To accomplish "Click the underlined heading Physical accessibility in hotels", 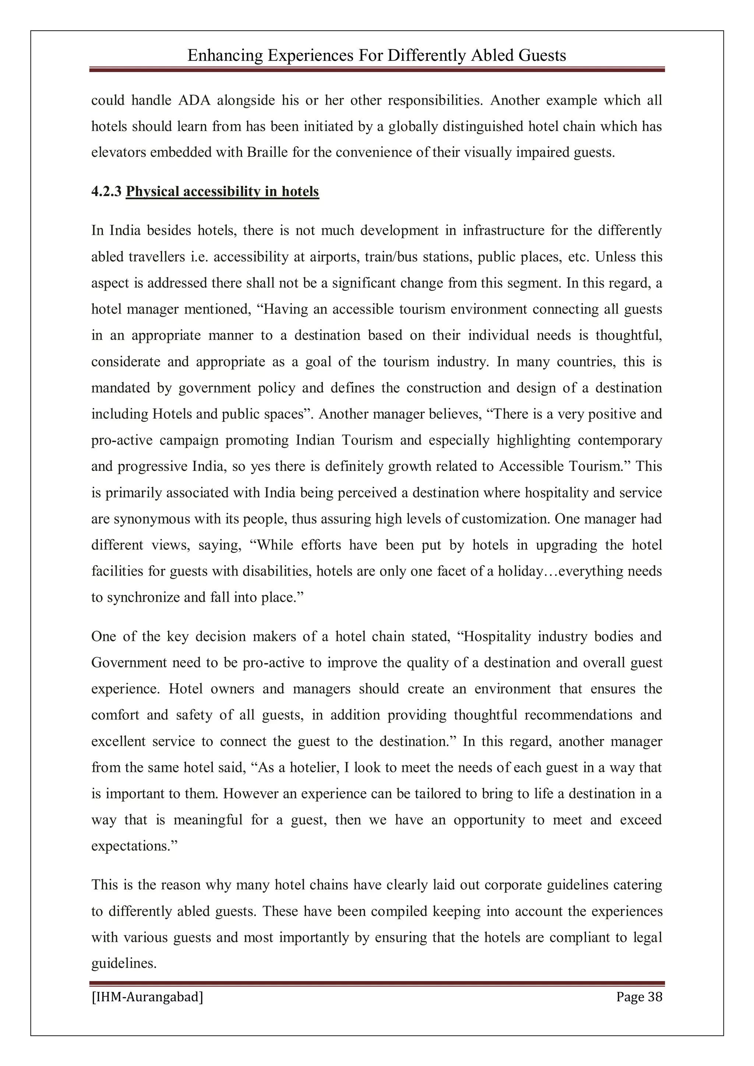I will [x=222, y=191].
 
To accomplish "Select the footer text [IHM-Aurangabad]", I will [x=147, y=996].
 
